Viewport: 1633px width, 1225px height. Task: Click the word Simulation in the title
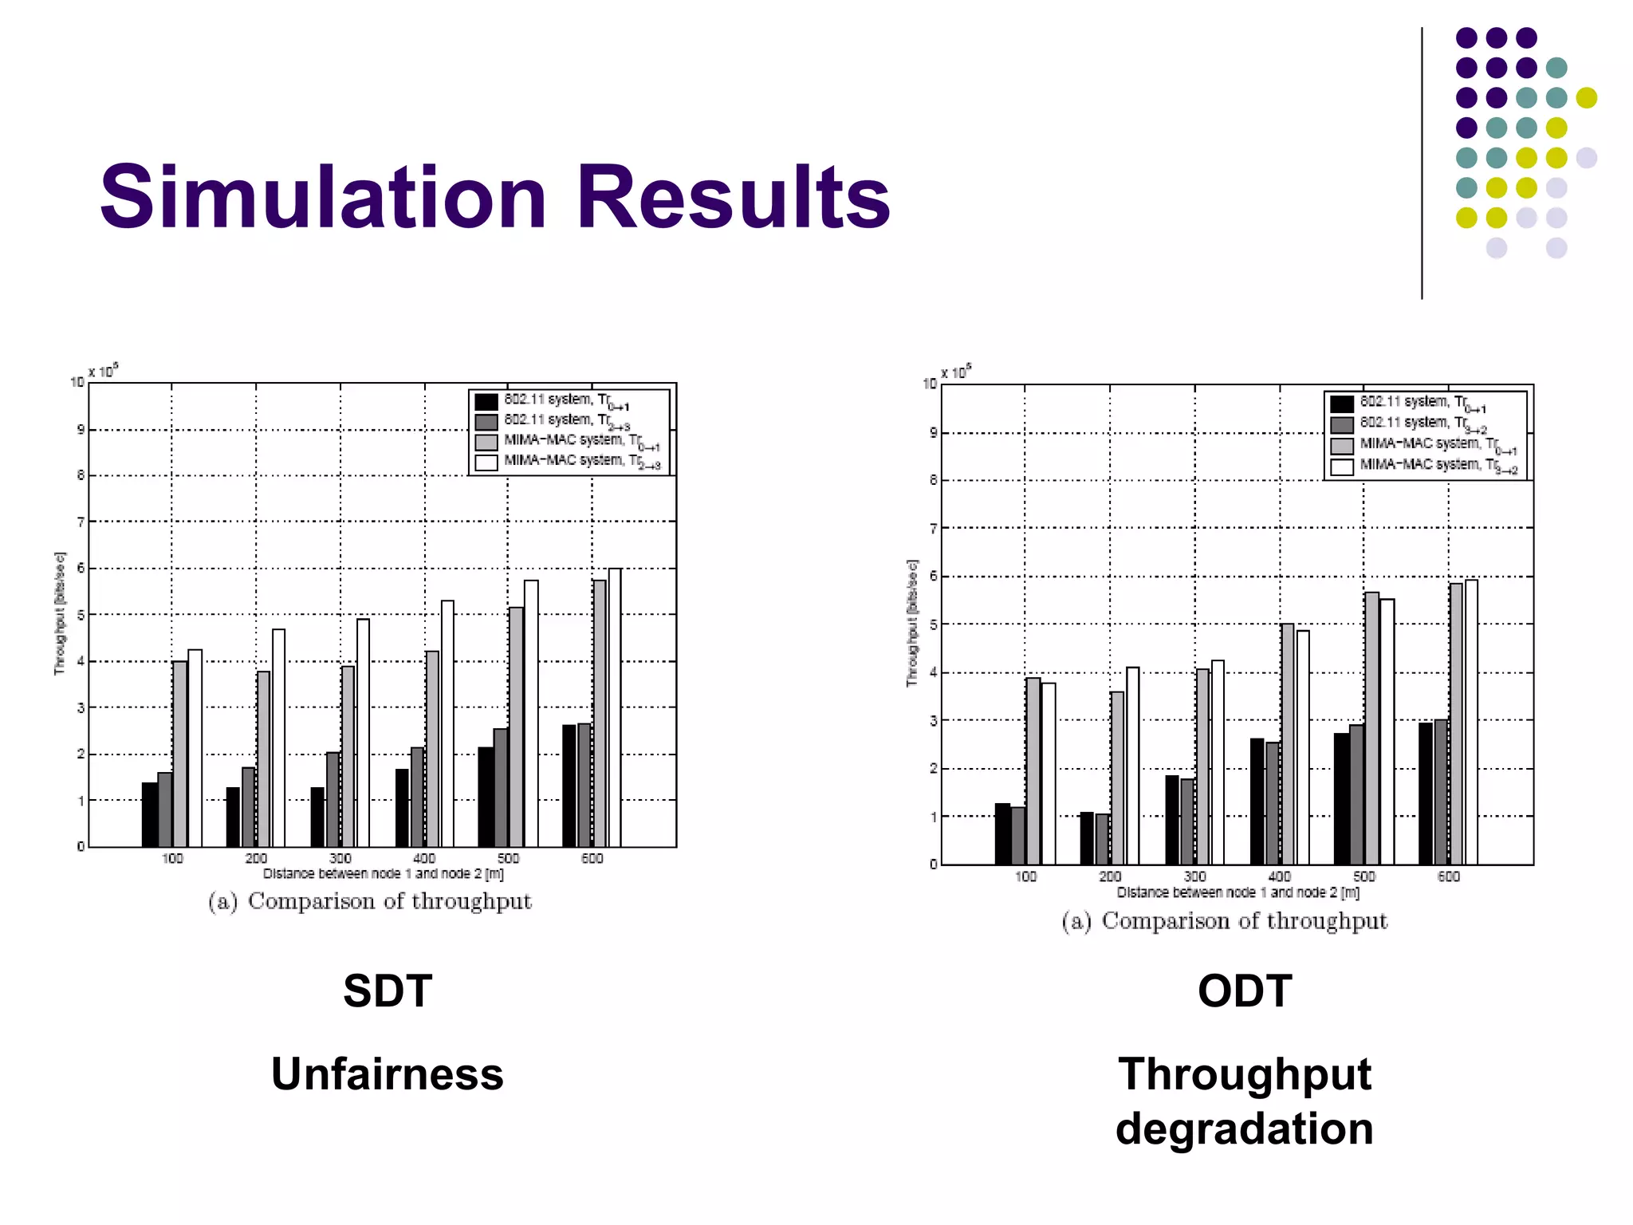click(323, 197)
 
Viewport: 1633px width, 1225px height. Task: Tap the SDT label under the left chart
click(388, 991)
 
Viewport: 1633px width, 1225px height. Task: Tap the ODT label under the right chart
click(1244, 991)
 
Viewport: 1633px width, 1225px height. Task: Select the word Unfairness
click(388, 1074)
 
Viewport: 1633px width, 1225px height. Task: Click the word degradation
click(1244, 1129)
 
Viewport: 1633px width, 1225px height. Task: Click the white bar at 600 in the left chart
click(615, 710)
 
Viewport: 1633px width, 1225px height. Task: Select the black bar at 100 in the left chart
click(149, 815)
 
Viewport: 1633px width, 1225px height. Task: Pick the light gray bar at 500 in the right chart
click(1371, 730)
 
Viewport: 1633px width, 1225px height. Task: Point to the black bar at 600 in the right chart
click(1426, 794)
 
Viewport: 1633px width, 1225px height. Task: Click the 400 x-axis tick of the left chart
click(424, 859)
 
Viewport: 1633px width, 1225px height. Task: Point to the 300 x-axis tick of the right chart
click(1194, 876)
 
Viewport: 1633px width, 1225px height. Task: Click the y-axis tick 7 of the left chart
click(80, 522)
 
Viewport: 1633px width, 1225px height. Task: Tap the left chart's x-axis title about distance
click(384, 874)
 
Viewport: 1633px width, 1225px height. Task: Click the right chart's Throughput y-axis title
click(912, 624)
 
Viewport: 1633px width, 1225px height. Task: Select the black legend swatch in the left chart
click(486, 401)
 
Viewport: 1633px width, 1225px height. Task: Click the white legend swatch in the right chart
click(1342, 467)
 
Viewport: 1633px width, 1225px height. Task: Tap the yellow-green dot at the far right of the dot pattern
click(1586, 97)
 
